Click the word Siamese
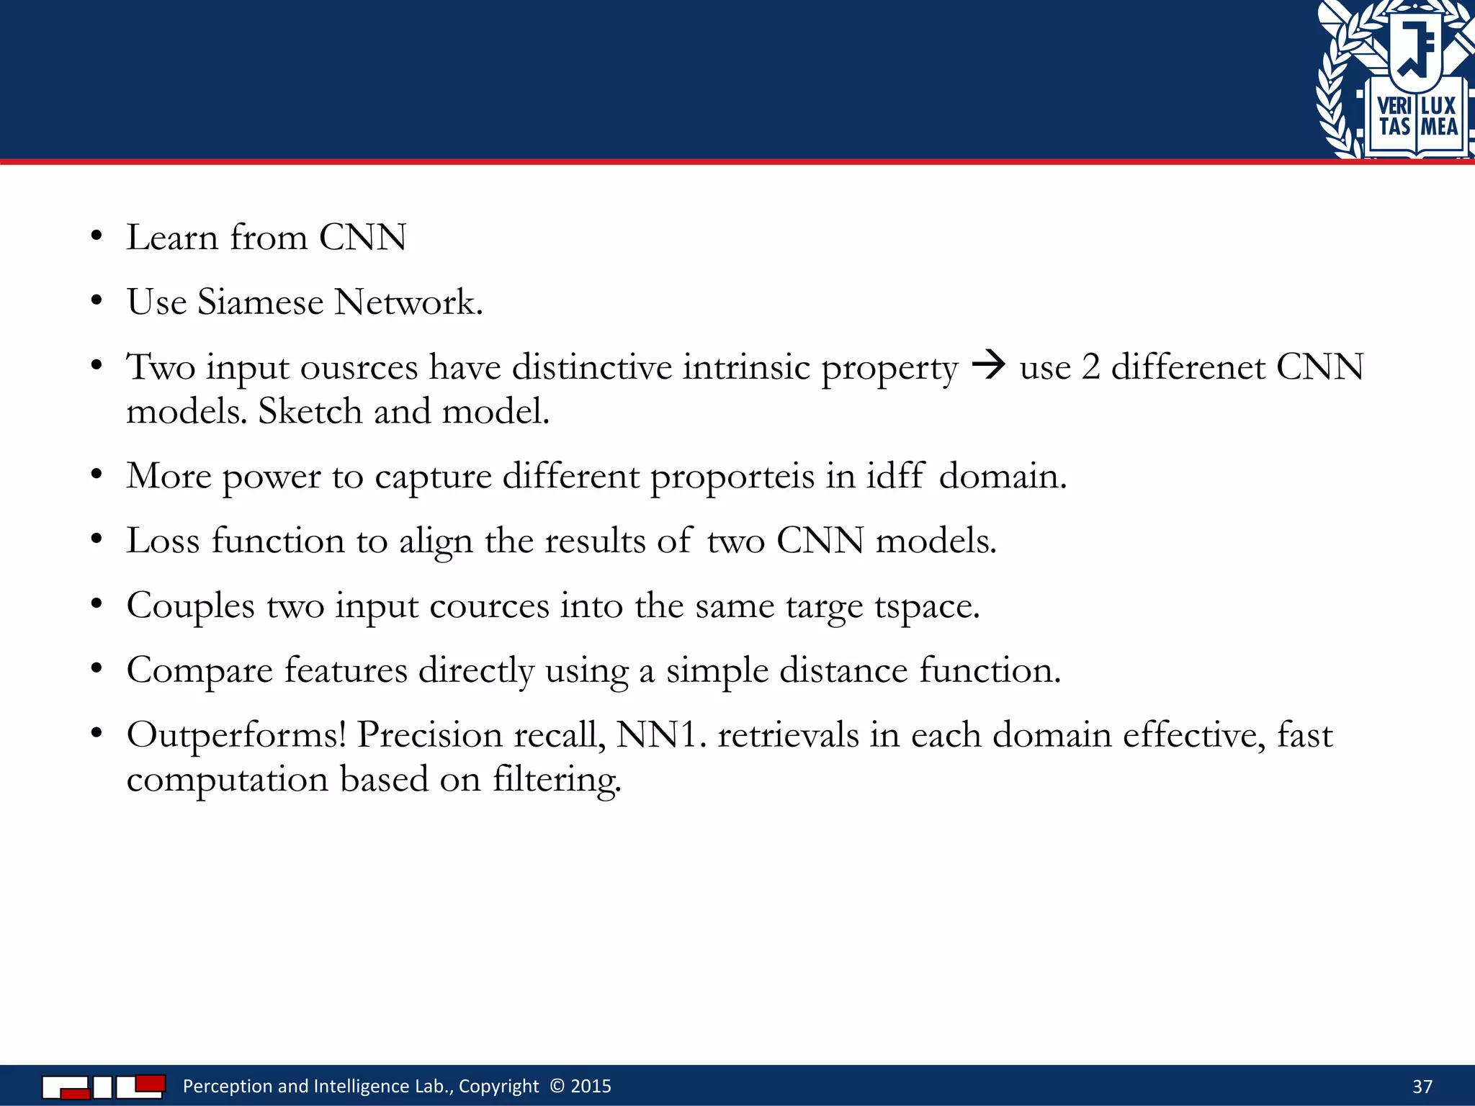tap(260, 302)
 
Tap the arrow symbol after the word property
tap(988, 365)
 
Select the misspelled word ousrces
tap(359, 367)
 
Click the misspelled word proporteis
tap(732, 477)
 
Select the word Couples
tap(190, 606)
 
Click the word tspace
tap(927, 606)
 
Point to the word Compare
tap(199, 671)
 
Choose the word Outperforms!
tap(236, 735)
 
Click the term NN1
tap(658, 735)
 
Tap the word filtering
tap(556, 780)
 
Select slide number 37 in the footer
tap(1422, 1086)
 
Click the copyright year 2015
tap(591, 1086)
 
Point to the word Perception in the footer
tap(227, 1086)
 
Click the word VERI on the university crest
tap(1394, 107)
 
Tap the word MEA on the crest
tap(1438, 128)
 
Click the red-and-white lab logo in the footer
tap(103, 1086)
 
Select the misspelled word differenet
tap(1188, 367)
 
